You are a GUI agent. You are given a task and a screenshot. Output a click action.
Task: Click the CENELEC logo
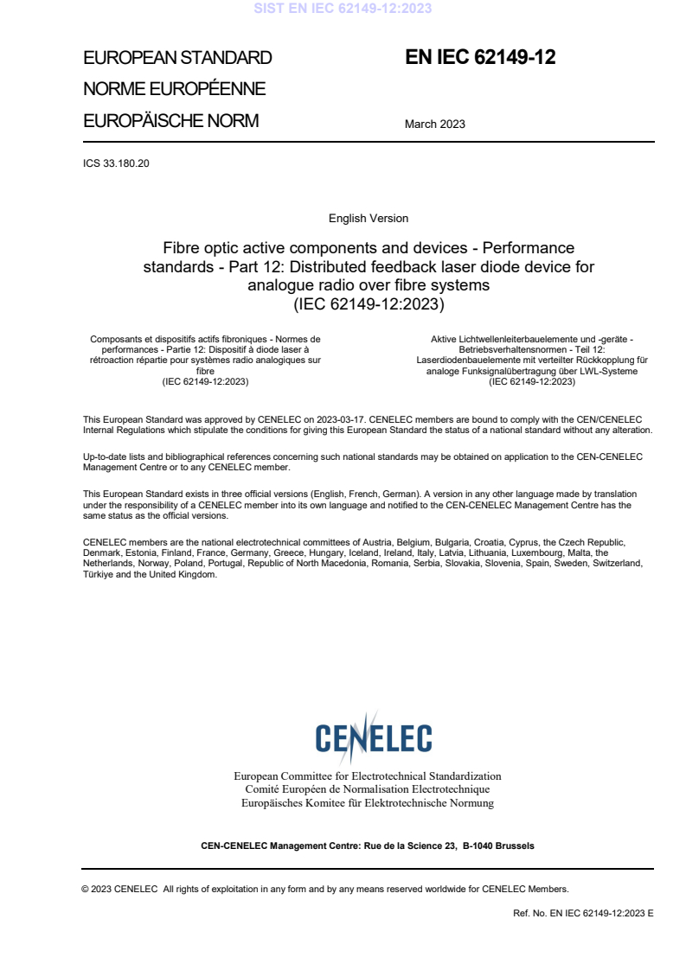click(373, 737)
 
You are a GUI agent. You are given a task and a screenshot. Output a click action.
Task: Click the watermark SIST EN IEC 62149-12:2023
click(343, 9)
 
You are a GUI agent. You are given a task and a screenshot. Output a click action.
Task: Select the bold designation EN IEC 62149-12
click(480, 58)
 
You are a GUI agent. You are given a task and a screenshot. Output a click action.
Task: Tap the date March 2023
click(434, 124)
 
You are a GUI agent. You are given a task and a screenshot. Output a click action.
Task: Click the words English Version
click(369, 218)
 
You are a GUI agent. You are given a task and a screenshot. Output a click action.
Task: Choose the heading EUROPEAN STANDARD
click(177, 58)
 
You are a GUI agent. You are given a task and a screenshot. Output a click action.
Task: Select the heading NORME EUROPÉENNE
click(174, 89)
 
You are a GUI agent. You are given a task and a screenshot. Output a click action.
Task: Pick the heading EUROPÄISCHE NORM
click(170, 121)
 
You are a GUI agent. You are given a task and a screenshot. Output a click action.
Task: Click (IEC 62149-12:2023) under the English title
click(369, 303)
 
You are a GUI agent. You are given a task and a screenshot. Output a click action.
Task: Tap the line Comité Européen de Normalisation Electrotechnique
click(368, 789)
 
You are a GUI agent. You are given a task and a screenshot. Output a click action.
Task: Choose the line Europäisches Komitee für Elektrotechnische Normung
click(368, 802)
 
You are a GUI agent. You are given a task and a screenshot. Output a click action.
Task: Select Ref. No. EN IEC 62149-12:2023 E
click(583, 913)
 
